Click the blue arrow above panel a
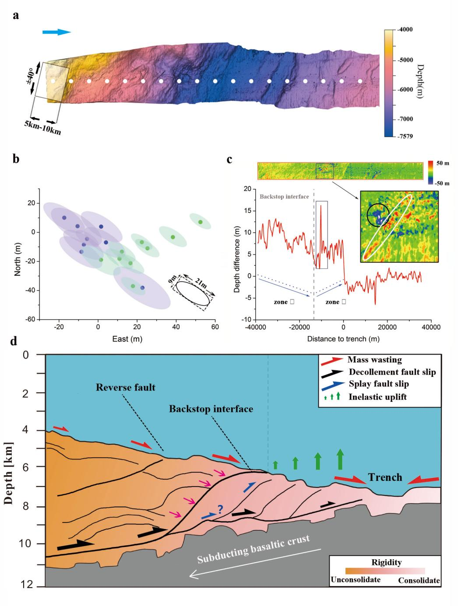[x=56, y=32]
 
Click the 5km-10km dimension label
[x=43, y=128]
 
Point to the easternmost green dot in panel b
[x=200, y=222]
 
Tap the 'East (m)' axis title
[x=127, y=338]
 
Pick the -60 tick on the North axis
[x=29, y=320]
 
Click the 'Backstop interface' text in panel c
[x=284, y=197]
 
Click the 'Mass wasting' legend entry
[x=375, y=360]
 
